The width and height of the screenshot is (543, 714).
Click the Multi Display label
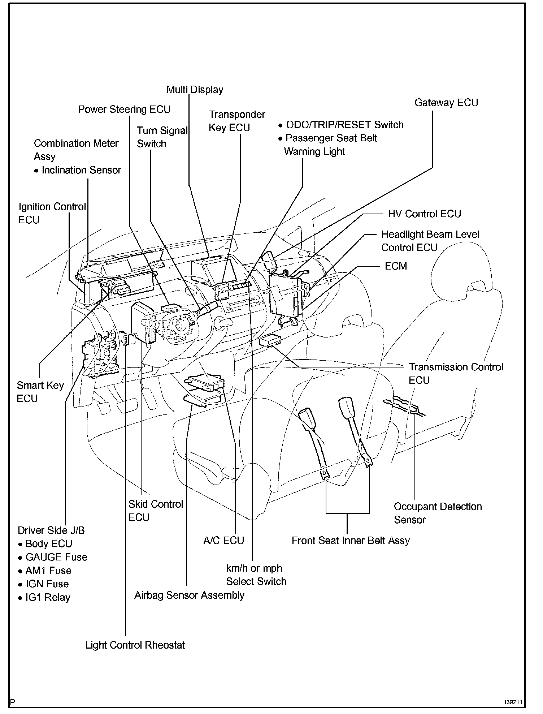(x=195, y=90)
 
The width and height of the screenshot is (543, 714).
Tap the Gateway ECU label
(x=446, y=103)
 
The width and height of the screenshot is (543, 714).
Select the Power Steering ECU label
(x=124, y=109)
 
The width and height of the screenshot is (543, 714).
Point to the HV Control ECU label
(x=424, y=214)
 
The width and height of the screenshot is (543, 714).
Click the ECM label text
(x=396, y=266)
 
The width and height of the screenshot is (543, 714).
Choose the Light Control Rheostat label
(x=135, y=645)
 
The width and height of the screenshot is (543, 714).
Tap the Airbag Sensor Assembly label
(x=189, y=595)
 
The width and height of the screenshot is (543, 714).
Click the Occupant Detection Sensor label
(x=438, y=513)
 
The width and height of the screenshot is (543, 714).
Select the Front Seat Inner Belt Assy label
(x=351, y=541)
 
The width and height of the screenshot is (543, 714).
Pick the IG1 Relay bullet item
(x=47, y=598)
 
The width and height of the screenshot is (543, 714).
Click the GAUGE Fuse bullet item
(x=56, y=557)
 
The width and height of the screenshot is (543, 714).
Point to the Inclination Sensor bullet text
(x=81, y=170)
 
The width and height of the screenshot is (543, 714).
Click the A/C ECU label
(x=223, y=541)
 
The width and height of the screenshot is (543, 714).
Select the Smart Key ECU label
(x=40, y=392)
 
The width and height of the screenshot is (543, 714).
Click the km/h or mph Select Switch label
(x=256, y=575)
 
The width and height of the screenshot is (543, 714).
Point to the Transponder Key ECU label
(x=236, y=121)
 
